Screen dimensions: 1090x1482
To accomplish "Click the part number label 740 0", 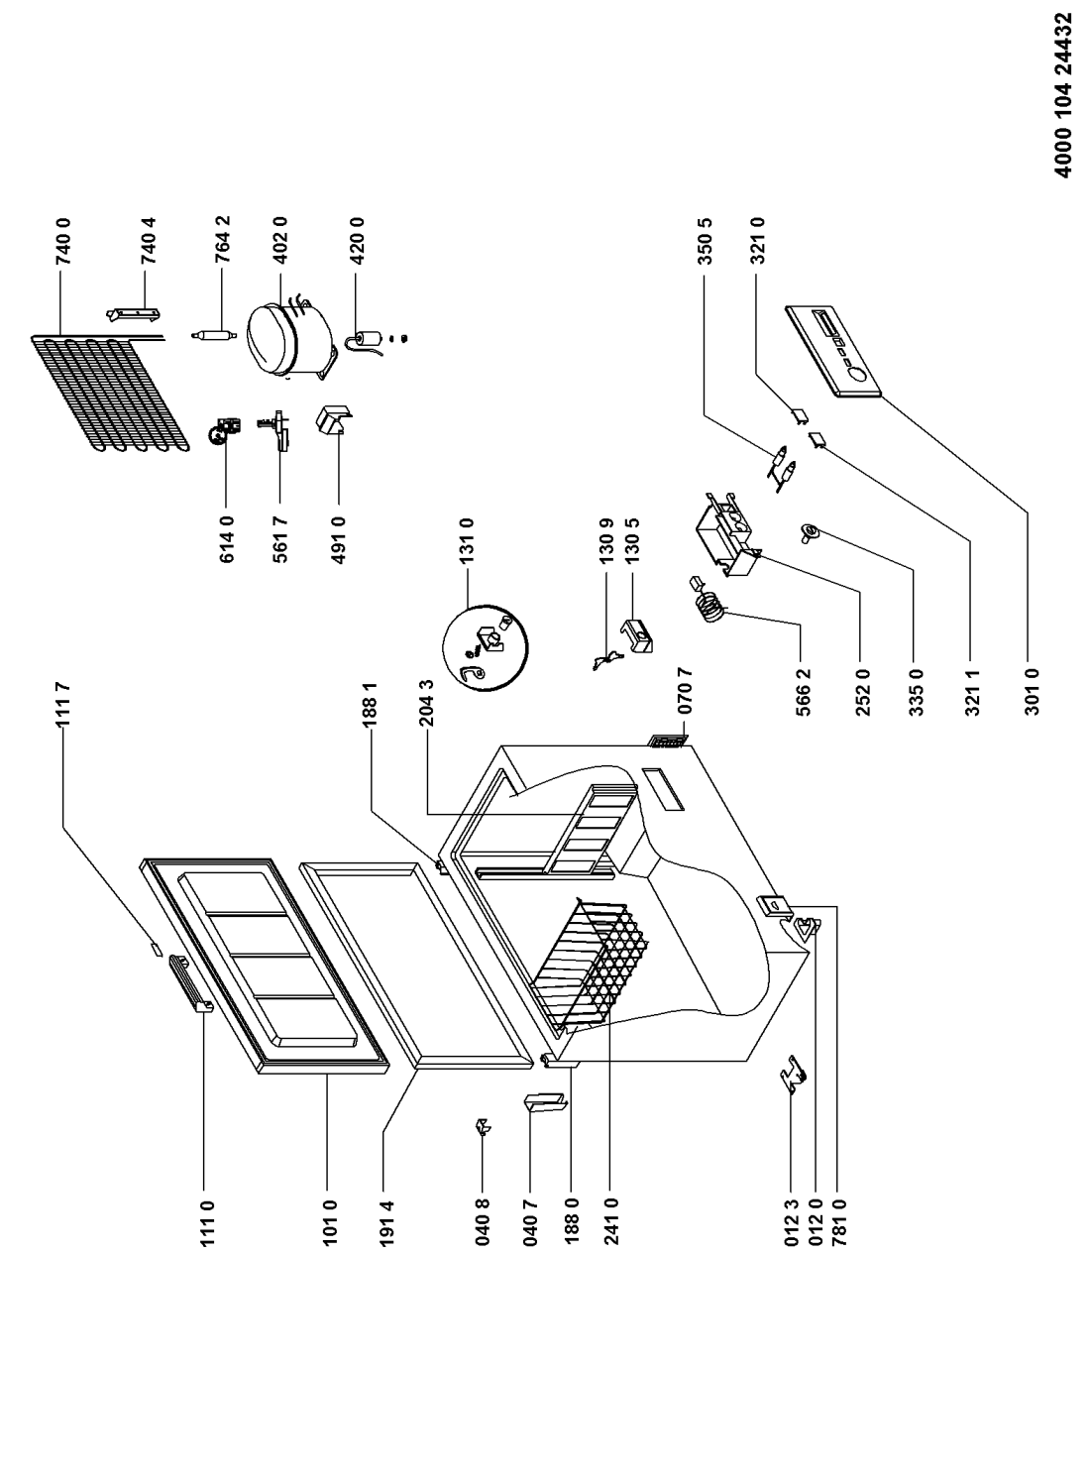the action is coord(64,241).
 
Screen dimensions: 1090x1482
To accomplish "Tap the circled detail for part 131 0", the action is coord(485,647).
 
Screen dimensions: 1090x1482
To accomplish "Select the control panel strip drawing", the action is coord(832,351).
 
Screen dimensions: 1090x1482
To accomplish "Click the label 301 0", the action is coord(1033,692).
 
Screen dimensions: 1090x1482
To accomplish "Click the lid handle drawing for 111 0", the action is coord(190,984).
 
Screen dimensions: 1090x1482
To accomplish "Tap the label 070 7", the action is coord(686,690).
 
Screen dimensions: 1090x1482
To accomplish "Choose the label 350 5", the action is coord(706,241).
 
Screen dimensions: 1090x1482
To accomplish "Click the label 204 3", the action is coord(427,703).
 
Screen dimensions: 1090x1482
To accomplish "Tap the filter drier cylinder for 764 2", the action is coord(211,336).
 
